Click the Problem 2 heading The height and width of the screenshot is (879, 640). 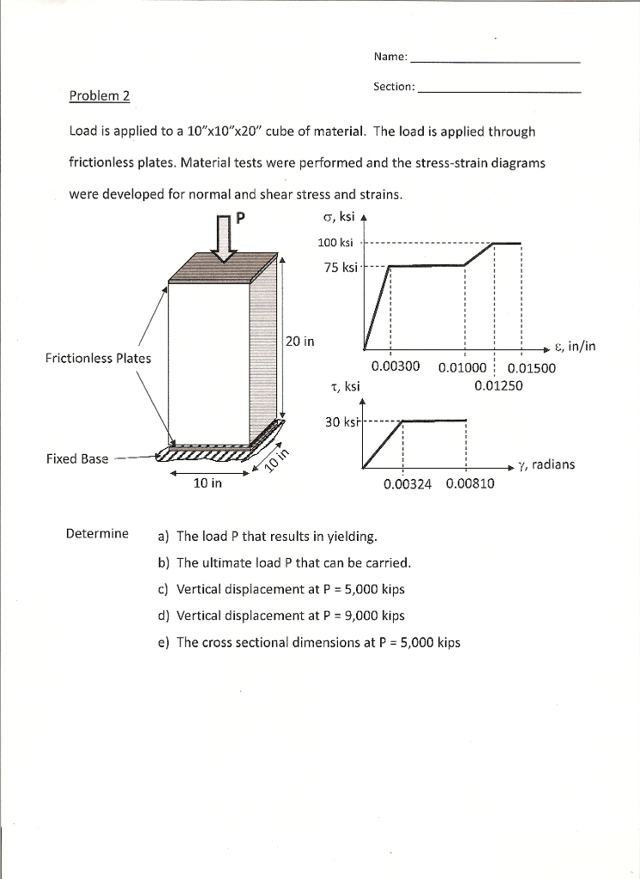coord(99,95)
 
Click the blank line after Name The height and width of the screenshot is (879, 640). coord(496,62)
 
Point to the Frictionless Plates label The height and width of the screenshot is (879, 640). coord(98,358)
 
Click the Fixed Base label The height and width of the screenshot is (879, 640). coord(77,458)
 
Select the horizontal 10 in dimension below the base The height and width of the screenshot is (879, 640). coord(207,483)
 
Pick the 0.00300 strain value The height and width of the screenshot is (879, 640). coord(395,367)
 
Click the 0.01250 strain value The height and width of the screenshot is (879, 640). coord(498,385)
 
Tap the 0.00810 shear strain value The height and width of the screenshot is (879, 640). coord(470,484)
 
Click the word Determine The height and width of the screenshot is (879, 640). coord(97,533)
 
